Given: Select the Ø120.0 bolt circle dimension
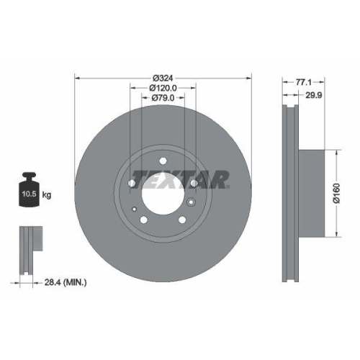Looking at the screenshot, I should coord(163,88).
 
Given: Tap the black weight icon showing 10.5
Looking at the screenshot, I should coord(28,191).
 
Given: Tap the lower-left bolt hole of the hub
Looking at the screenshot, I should coord(144,219).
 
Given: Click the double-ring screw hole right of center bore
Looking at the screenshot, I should coord(191,203).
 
